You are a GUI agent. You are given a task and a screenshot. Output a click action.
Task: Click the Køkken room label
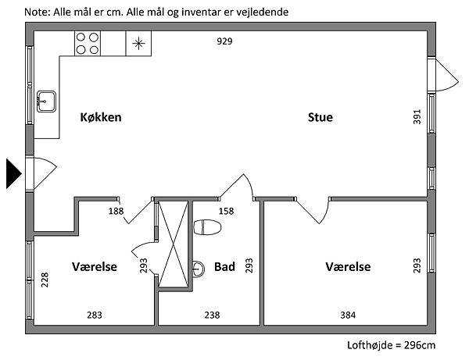(102, 118)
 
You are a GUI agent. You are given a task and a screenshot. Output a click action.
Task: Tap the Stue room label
(320, 118)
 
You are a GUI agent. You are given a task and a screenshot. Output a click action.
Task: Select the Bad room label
(224, 267)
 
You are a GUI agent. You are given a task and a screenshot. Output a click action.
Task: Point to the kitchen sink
(46, 101)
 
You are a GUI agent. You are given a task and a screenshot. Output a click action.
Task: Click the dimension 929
(225, 41)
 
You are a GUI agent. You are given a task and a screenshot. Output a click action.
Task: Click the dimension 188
(116, 211)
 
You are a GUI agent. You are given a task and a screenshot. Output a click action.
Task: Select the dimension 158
(226, 211)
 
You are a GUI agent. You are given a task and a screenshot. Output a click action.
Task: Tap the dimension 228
(45, 280)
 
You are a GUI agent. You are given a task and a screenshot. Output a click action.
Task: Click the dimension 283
(95, 315)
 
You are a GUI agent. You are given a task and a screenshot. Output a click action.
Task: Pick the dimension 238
(211, 315)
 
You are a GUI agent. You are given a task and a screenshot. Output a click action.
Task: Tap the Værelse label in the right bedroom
(348, 267)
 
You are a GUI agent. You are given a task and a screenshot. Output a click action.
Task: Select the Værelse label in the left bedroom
(95, 267)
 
